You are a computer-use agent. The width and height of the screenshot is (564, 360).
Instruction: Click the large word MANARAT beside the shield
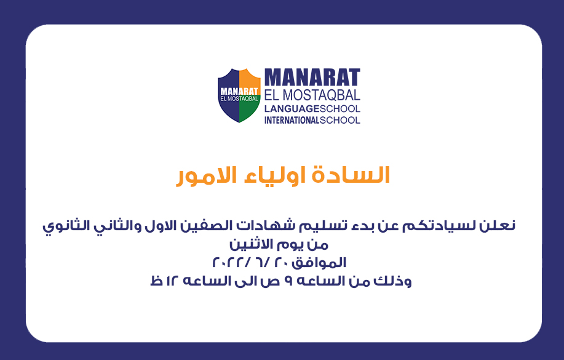coord(312,78)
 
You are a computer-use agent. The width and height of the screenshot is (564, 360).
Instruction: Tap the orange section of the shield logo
coord(249,79)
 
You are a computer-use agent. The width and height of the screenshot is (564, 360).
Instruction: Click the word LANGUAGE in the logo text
coord(292,109)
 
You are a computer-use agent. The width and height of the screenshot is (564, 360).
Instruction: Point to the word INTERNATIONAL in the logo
coord(292,120)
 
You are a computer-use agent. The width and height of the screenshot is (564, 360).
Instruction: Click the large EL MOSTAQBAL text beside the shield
coord(312,95)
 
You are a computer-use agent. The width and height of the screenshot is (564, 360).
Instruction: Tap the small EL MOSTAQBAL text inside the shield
coord(239,98)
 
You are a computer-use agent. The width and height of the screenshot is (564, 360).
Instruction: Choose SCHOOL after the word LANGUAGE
coord(340,109)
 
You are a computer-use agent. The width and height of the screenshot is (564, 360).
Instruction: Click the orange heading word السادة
coord(351,175)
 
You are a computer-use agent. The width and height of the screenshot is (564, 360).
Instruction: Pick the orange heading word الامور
coord(207,175)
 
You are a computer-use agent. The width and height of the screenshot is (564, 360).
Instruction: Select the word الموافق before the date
coord(319,263)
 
